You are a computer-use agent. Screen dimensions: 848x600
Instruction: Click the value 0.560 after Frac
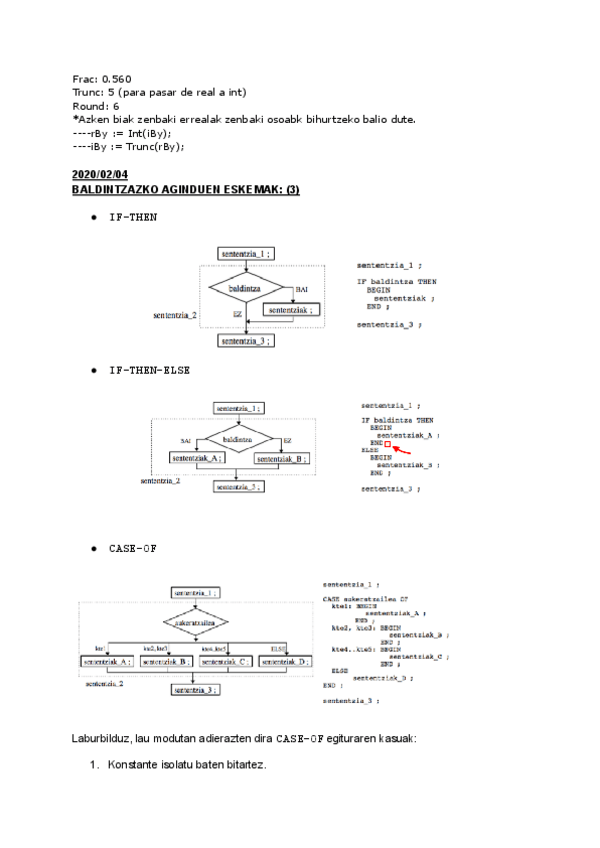click(116, 78)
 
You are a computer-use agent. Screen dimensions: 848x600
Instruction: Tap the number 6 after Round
click(116, 105)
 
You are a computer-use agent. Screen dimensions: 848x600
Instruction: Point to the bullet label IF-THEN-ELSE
click(149, 369)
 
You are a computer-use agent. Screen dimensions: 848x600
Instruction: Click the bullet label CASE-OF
click(133, 548)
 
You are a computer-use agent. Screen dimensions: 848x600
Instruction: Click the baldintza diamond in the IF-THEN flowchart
click(245, 287)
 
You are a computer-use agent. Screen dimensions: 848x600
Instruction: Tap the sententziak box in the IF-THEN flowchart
click(294, 310)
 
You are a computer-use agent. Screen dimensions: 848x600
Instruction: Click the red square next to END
click(387, 442)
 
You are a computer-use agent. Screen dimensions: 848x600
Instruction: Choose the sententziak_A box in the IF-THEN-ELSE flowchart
click(196, 458)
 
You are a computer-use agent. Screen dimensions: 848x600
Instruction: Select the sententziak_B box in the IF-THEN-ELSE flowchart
click(281, 458)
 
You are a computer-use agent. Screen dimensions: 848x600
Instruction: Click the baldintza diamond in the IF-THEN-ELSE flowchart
click(237, 439)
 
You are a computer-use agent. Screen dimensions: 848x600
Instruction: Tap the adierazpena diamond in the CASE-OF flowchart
click(196, 624)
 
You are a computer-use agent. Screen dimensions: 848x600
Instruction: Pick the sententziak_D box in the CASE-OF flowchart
click(285, 662)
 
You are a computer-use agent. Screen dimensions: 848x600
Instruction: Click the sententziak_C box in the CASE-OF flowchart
click(225, 662)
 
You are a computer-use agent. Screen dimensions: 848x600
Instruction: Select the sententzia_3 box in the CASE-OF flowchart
click(196, 690)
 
